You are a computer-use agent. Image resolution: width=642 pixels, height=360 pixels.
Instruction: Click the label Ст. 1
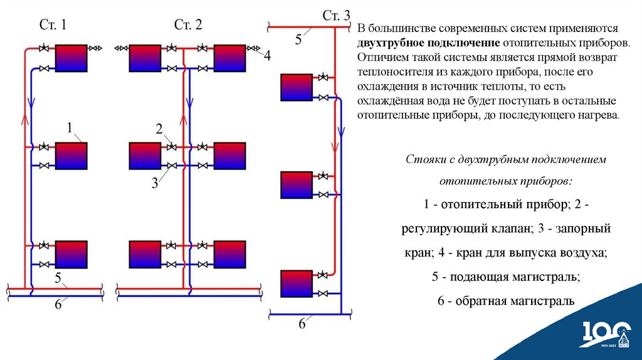click(53, 26)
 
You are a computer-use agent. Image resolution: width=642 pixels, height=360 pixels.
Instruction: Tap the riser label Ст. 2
click(188, 26)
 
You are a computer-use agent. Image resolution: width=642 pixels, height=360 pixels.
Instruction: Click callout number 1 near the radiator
click(70, 128)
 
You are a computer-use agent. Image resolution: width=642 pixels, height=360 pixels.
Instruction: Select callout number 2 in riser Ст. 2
click(159, 129)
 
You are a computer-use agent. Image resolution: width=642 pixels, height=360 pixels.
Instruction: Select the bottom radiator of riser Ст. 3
click(295, 283)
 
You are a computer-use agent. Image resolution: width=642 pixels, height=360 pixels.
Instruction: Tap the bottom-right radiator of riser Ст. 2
click(229, 254)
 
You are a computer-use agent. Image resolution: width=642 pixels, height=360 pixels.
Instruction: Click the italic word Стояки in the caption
click(424, 159)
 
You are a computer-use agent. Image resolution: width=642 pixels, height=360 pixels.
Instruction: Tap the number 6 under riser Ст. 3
click(302, 324)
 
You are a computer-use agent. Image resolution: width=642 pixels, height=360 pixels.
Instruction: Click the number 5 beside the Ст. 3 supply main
click(298, 39)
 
